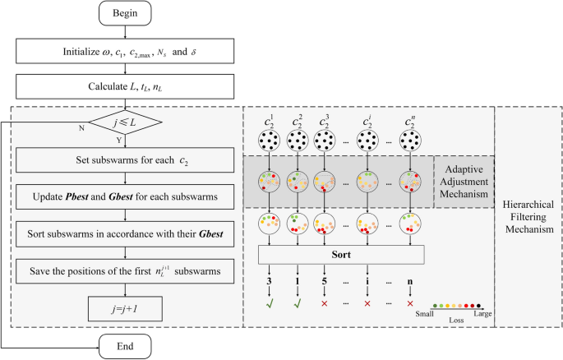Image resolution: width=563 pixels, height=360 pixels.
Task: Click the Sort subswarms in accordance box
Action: click(x=125, y=234)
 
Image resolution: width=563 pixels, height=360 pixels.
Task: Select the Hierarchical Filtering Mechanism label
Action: click(x=527, y=216)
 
